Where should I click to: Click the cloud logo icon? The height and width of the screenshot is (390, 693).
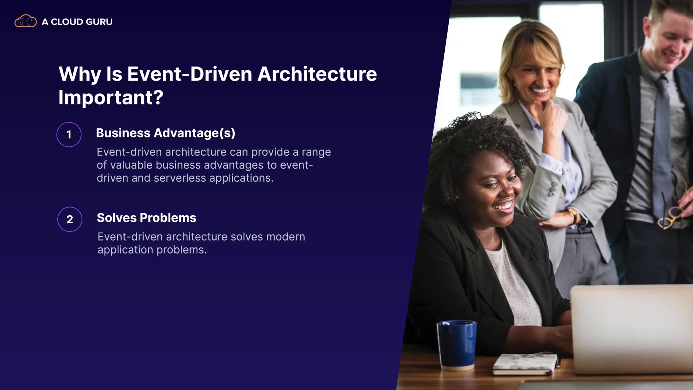[x=25, y=21]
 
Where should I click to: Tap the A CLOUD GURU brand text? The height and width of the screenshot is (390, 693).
[x=77, y=22]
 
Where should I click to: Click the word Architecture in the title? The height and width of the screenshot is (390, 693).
[x=317, y=74]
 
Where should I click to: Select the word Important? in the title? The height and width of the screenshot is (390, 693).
[x=111, y=97]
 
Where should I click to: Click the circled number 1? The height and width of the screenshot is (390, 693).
[x=69, y=135]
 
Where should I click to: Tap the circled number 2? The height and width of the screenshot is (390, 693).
[x=70, y=219]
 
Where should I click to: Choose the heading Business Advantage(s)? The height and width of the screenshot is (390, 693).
[x=166, y=133]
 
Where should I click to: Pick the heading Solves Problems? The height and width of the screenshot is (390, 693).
[x=147, y=218]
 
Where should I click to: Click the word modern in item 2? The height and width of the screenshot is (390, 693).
[x=286, y=237]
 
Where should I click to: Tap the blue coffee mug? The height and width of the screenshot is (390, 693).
[x=457, y=345]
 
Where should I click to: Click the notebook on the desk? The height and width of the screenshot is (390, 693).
[x=526, y=364]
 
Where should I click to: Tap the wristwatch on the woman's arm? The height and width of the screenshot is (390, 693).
[x=572, y=215]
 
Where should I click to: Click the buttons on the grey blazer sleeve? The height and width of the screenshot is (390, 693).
[x=552, y=189]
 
